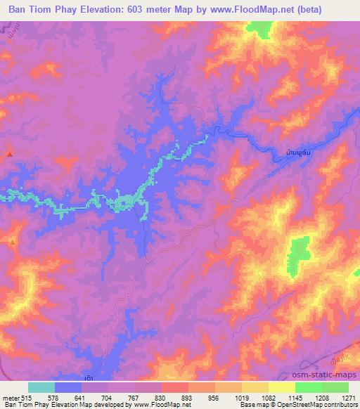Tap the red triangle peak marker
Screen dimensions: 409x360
coord(9,154)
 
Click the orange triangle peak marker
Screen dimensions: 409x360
coord(13,242)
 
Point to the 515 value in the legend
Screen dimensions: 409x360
coord(27,398)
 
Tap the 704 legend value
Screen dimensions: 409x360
coord(108,398)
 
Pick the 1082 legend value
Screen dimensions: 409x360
coord(268,398)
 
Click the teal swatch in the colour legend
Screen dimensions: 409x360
coord(41,388)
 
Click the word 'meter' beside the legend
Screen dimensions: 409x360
coord(11,398)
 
